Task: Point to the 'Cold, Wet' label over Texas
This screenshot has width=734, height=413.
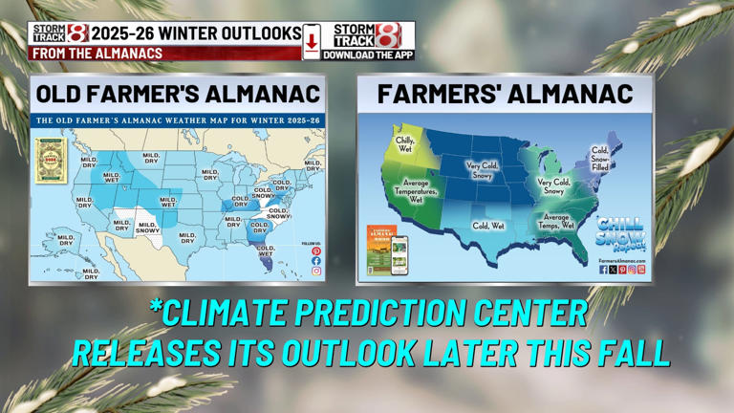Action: click(487, 226)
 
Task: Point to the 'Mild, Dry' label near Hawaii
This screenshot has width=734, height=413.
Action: click(91, 273)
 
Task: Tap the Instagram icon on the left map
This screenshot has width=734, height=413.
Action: click(316, 272)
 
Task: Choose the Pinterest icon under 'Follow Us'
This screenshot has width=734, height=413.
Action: click(316, 251)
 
